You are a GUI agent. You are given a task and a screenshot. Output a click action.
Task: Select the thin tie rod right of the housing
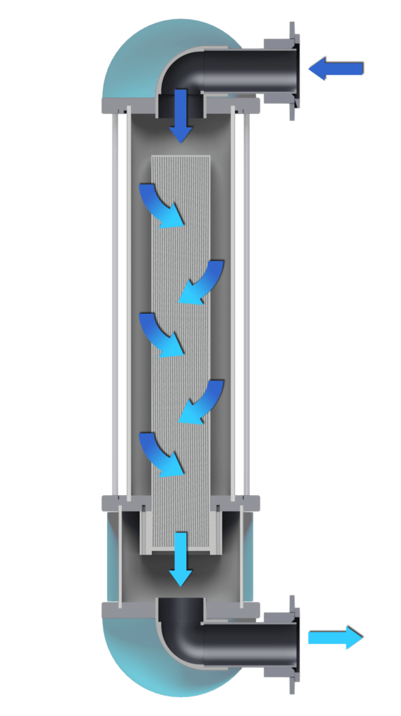pyautogui.click(x=246, y=301)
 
